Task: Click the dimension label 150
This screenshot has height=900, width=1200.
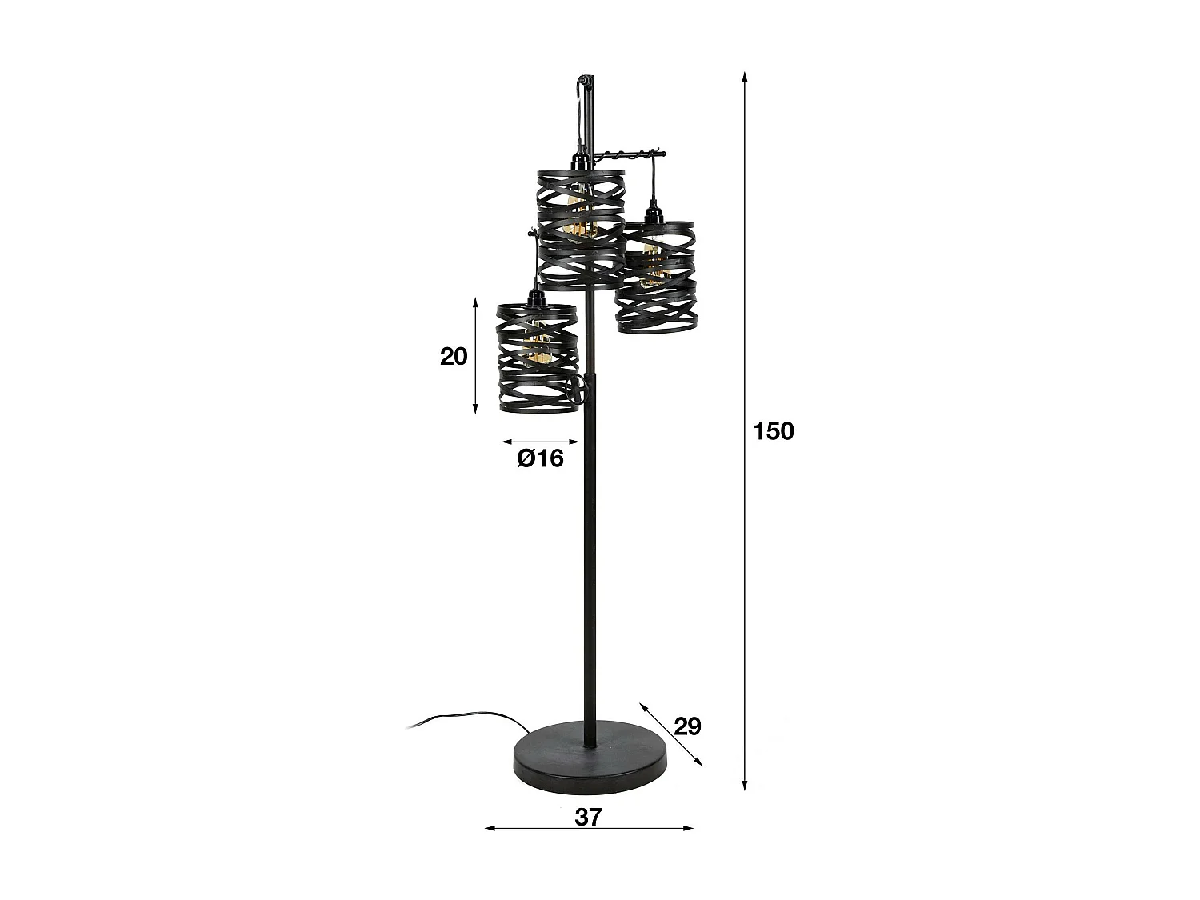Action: [774, 431]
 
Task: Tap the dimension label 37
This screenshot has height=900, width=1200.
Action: [588, 817]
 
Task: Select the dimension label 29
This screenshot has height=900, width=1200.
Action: [687, 726]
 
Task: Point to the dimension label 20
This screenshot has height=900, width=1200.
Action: [454, 356]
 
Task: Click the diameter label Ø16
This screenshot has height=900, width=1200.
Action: [541, 458]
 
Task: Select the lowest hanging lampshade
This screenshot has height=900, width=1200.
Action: [537, 358]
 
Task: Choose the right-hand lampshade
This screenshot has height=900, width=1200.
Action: [655, 277]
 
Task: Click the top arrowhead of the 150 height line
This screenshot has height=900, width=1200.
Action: [745, 77]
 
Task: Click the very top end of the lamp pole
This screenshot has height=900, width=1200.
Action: [584, 78]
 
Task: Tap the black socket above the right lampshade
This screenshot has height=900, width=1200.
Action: [656, 215]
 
